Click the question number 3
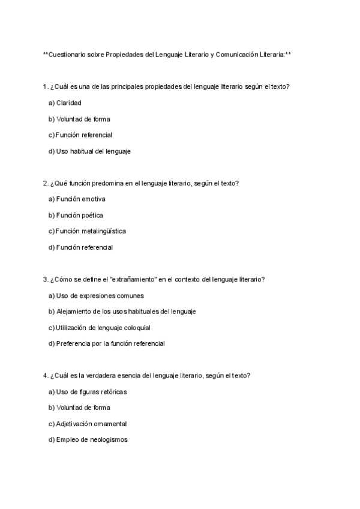click(x=46, y=279)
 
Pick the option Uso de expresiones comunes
click(x=95, y=295)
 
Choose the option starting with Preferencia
click(x=106, y=344)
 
